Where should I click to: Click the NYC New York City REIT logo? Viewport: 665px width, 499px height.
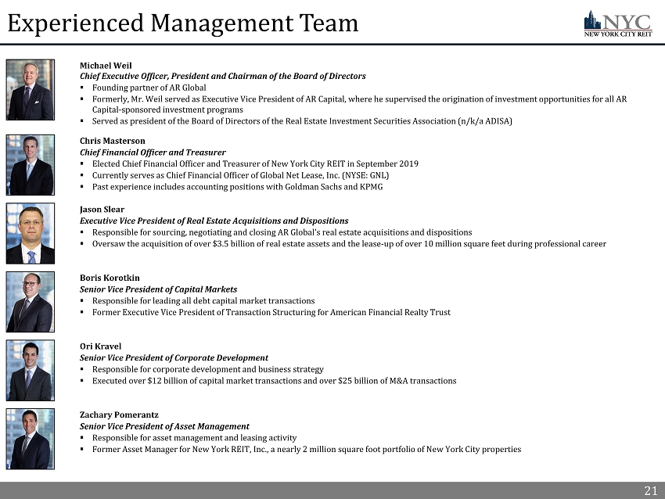[x=618, y=23]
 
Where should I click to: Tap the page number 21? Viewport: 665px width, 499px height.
[x=650, y=490]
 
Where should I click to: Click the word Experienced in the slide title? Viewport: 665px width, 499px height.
[x=75, y=23]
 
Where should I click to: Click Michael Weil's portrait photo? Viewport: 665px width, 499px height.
[x=31, y=90]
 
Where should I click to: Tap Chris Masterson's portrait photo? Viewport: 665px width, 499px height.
[x=31, y=165]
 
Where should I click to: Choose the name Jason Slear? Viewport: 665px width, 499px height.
[x=102, y=210]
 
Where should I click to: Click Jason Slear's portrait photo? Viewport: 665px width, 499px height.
[x=31, y=233]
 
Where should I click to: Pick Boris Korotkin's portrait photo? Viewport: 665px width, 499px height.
[x=31, y=302]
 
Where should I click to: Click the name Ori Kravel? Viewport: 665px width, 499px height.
[x=100, y=346]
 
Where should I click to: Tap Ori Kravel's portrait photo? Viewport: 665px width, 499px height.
[x=31, y=371]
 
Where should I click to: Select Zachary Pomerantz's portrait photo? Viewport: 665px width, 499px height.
[x=31, y=439]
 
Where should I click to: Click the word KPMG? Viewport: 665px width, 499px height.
[x=370, y=187]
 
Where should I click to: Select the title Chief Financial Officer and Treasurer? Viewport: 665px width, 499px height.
[x=153, y=153]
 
